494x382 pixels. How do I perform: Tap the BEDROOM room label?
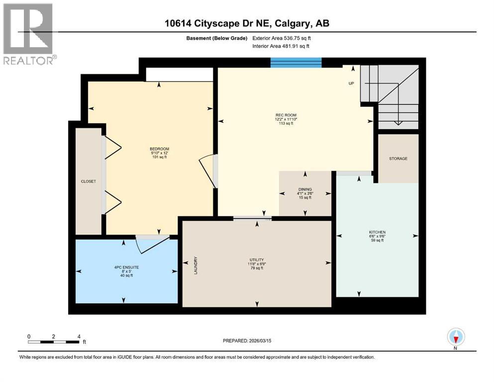159,149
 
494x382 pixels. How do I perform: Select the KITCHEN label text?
377,232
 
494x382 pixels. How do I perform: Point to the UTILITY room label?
257,260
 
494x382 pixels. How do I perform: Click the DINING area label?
305,190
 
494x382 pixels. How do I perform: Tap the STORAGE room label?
398,159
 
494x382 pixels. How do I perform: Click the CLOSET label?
88,182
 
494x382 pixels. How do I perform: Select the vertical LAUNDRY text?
197,265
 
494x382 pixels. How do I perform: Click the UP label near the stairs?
351,84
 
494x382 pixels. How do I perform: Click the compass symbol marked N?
456,337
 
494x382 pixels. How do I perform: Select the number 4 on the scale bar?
79,336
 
